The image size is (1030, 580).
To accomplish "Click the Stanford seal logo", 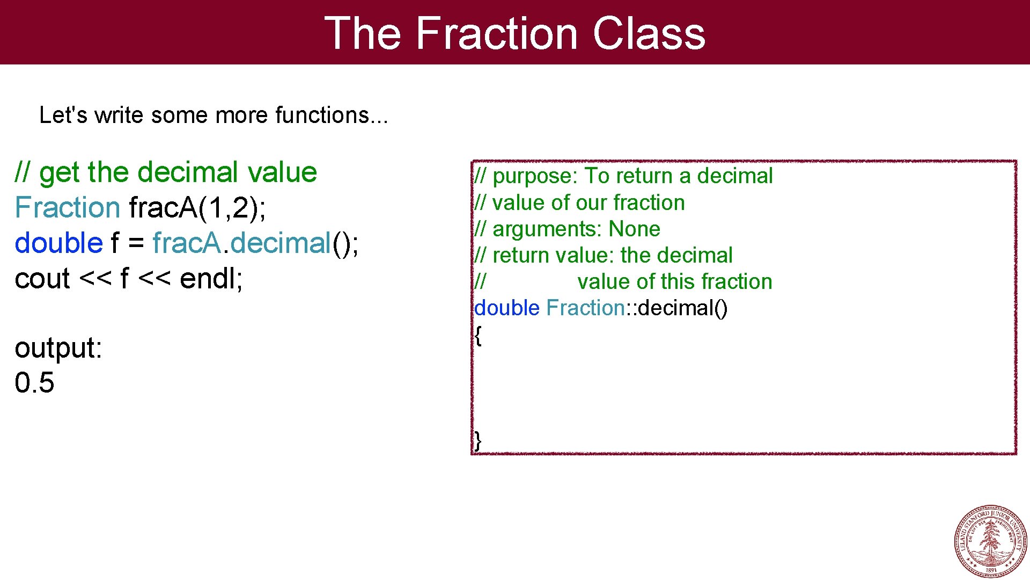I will pos(991,541).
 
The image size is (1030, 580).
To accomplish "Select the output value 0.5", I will pos(34,383).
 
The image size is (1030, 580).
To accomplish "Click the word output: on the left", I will pos(58,348).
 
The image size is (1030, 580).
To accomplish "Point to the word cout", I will pos(42,279).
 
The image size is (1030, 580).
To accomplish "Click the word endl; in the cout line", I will pos(211,279).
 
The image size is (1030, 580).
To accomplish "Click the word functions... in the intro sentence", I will pos(331,115).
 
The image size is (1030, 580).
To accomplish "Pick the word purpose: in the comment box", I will pos(534,176).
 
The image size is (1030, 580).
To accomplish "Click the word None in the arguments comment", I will pos(634,229).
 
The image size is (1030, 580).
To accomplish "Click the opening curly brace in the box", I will pos(478,335).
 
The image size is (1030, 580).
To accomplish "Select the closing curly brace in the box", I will pos(477,440).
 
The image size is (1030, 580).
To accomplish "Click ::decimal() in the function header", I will pos(677,308).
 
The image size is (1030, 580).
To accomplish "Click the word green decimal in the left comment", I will pos(188,172).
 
